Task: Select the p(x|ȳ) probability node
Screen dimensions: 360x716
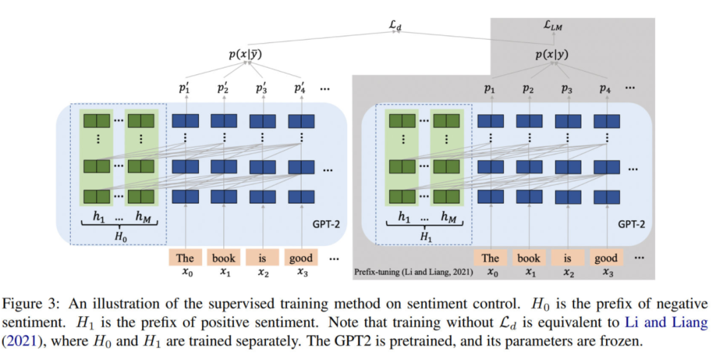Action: [245, 56]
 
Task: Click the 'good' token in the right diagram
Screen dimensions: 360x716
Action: [606, 258]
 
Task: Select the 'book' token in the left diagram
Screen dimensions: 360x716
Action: [224, 258]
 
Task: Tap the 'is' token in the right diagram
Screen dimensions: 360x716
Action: [567, 258]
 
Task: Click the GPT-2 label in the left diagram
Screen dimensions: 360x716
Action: [326, 224]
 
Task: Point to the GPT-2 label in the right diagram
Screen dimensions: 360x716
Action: [631, 224]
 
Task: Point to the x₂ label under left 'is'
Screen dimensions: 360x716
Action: [263, 272]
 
